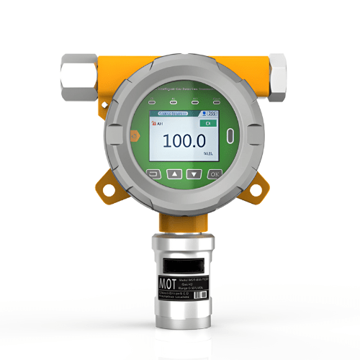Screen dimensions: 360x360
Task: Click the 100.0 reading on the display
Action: pyautogui.click(x=184, y=141)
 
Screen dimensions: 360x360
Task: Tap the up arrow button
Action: pyautogui.click(x=173, y=174)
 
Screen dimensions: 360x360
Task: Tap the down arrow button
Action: pyautogui.click(x=193, y=174)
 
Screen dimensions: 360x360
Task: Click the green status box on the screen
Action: pyautogui.click(x=207, y=125)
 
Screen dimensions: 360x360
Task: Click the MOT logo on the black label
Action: pyautogui.click(x=167, y=280)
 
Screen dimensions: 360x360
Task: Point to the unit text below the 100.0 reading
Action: pyautogui.click(x=207, y=154)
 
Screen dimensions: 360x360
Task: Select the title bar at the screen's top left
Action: pyautogui.click(x=167, y=113)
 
